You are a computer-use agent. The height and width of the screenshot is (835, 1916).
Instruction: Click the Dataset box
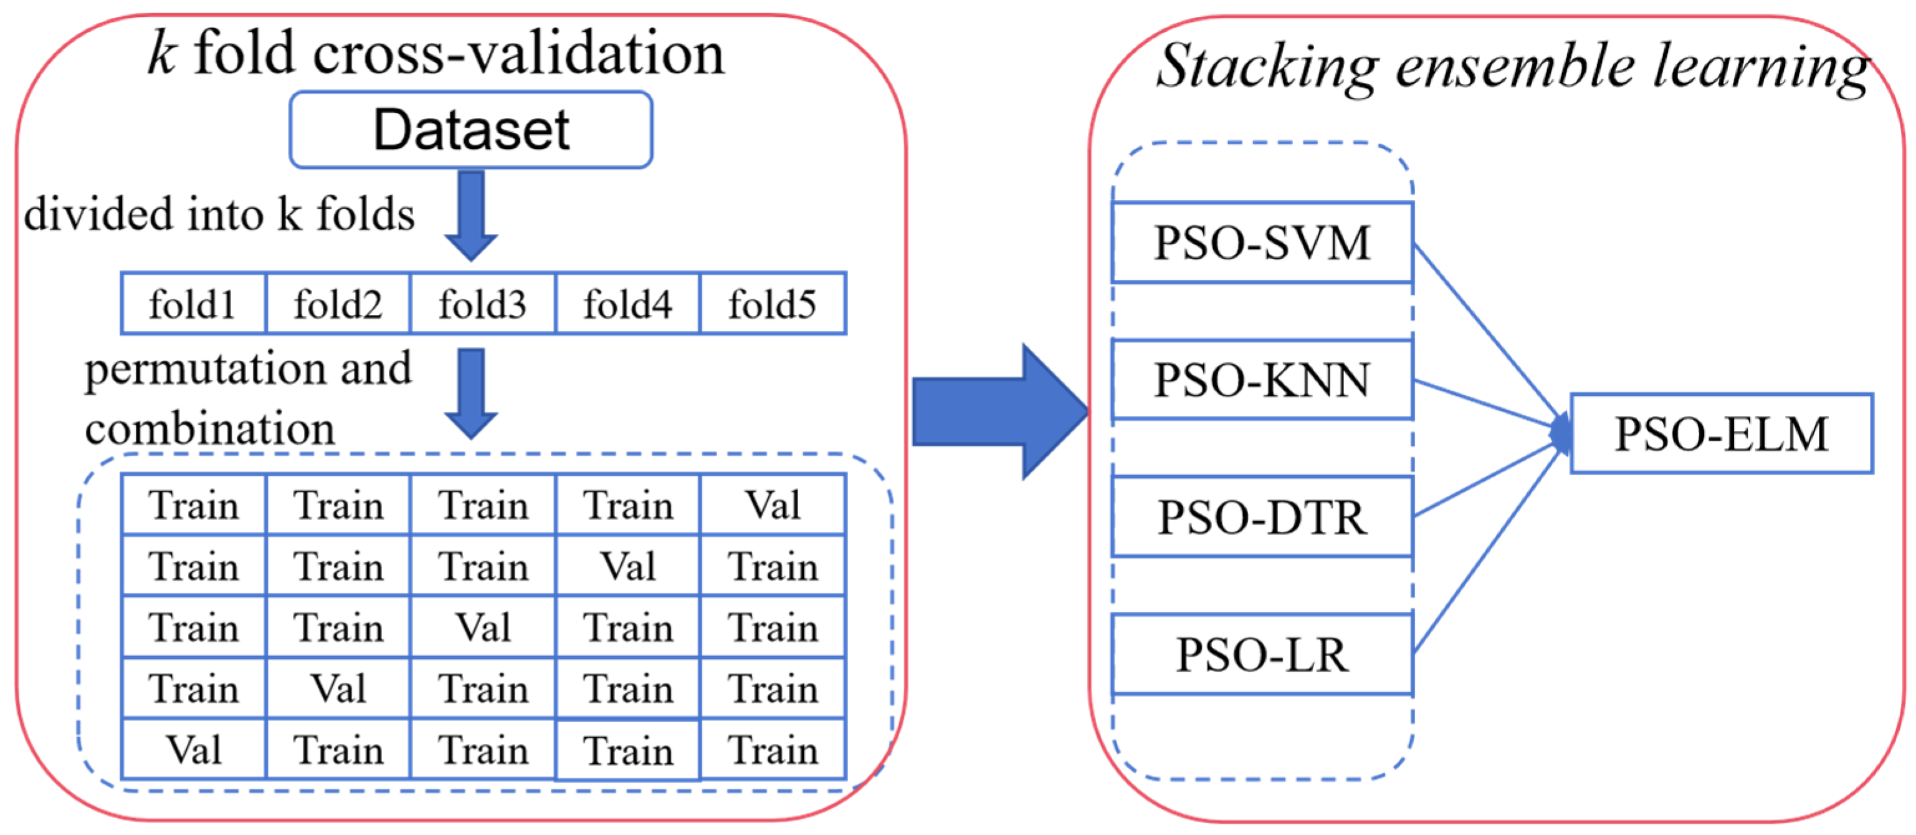click(471, 130)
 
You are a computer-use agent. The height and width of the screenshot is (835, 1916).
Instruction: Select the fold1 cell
click(193, 304)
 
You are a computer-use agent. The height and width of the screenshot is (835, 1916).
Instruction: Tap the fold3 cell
click(483, 304)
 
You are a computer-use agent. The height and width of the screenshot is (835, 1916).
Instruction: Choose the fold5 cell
click(773, 304)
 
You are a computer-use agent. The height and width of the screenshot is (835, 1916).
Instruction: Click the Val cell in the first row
click(773, 505)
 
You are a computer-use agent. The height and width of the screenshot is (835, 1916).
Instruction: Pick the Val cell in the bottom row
click(193, 750)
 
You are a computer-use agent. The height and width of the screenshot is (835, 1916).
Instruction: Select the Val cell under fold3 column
click(483, 627)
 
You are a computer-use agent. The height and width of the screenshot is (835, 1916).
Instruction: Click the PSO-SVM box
click(1262, 243)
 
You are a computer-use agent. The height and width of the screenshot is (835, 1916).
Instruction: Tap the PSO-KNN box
click(1262, 380)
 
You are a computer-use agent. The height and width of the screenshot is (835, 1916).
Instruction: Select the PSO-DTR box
click(1262, 517)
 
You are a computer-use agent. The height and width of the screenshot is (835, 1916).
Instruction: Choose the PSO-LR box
click(1262, 655)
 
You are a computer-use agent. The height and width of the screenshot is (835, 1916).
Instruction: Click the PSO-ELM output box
click(1721, 434)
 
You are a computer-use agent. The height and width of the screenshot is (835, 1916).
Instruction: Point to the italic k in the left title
click(162, 54)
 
